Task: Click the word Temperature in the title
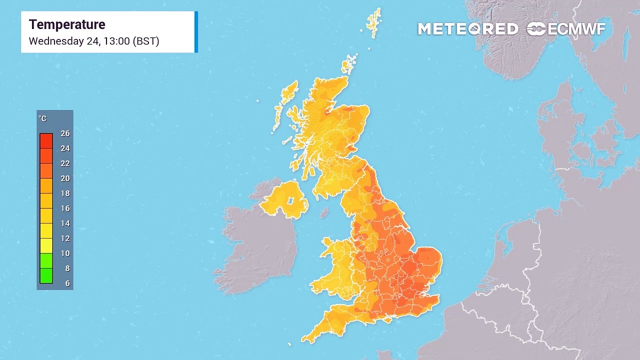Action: click(67, 24)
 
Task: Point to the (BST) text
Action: click(146, 41)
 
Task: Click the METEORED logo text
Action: click(468, 29)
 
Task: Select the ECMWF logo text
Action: click(576, 29)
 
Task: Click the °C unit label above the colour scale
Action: click(42, 118)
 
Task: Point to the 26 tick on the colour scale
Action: click(65, 133)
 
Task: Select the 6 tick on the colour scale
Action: click(67, 283)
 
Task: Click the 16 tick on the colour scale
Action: click(65, 208)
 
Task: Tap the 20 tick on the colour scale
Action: click(65, 178)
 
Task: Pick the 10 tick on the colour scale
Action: click(65, 253)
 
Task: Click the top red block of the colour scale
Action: click(46, 141)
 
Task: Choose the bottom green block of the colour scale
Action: click(46, 276)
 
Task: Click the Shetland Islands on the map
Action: click(374, 22)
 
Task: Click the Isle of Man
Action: click(324, 212)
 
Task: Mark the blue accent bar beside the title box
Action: click(196, 31)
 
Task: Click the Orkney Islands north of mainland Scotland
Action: click(349, 64)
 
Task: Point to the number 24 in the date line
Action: click(93, 41)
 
